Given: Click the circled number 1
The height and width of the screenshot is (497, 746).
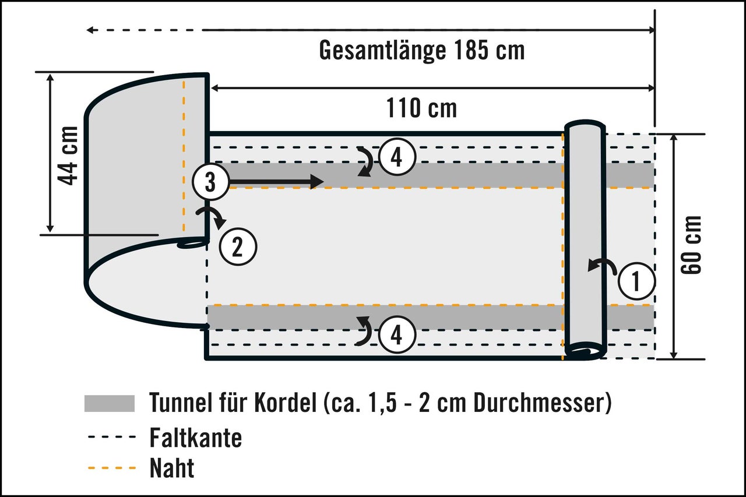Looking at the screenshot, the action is click(636, 281).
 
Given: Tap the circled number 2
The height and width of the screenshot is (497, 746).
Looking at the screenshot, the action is click(238, 246).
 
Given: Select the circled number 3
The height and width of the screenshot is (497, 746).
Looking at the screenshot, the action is click(210, 182).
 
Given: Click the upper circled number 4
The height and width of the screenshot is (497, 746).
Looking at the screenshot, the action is click(397, 157).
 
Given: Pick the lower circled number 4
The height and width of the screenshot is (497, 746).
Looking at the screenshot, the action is click(397, 334).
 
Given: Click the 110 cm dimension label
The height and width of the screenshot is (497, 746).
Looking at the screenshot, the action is click(421, 108).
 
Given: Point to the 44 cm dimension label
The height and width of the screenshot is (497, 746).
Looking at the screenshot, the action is click(68, 156).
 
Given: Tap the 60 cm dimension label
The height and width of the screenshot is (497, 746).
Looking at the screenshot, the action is click(691, 245).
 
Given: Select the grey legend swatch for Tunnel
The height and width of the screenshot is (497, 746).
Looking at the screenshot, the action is click(110, 403).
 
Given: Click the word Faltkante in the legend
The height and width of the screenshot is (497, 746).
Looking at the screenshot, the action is click(196, 438).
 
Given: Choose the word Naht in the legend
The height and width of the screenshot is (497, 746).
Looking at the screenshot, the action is click(172, 468).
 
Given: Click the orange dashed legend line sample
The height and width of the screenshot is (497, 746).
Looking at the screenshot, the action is click(112, 468).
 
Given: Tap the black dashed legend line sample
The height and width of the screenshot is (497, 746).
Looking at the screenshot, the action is click(112, 437).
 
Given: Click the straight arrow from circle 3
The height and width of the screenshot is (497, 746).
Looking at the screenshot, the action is click(276, 182).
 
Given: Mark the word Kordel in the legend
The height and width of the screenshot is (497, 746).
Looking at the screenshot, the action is click(285, 403).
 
